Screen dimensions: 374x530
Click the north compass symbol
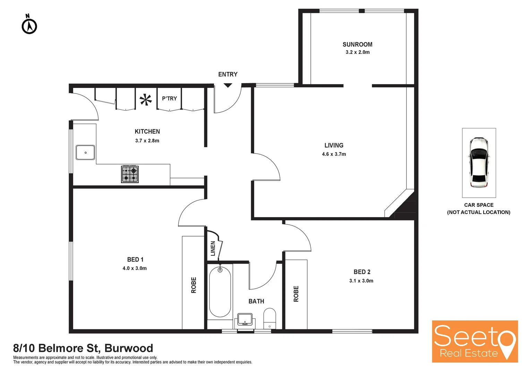pyautogui.click(x=29, y=25)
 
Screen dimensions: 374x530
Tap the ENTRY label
pyautogui.click(x=228, y=74)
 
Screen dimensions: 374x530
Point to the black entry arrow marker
pyautogui.click(x=228, y=85)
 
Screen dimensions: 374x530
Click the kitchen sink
pyautogui.click(x=85, y=152)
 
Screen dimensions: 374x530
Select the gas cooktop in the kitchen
pyautogui.click(x=130, y=174)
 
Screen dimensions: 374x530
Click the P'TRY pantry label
pyautogui.click(x=169, y=99)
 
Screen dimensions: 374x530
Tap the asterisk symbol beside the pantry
pyautogui.click(x=146, y=100)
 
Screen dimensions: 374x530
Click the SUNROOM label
pyautogui.click(x=357, y=45)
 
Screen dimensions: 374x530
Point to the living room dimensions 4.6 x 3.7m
pyautogui.click(x=334, y=154)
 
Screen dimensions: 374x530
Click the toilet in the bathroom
pyautogui.click(x=270, y=318)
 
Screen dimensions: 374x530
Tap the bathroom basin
pyautogui.click(x=245, y=319)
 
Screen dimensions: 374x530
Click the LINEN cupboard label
pyautogui.click(x=213, y=248)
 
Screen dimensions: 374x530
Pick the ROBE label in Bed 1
pyautogui.click(x=194, y=285)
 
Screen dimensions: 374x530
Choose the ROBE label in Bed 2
pyautogui.click(x=296, y=294)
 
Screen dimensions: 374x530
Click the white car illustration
pyautogui.click(x=479, y=162)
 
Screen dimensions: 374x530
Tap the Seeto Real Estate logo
pyautogui.click(x=475, y=341)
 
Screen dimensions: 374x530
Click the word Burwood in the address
pyautogui.click(x=129, y=348)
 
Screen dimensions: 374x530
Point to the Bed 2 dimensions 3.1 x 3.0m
pyautogui.click(x=361, y=281)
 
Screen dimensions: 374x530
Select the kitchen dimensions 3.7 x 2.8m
pyautogui.click(x=147, y=141)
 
